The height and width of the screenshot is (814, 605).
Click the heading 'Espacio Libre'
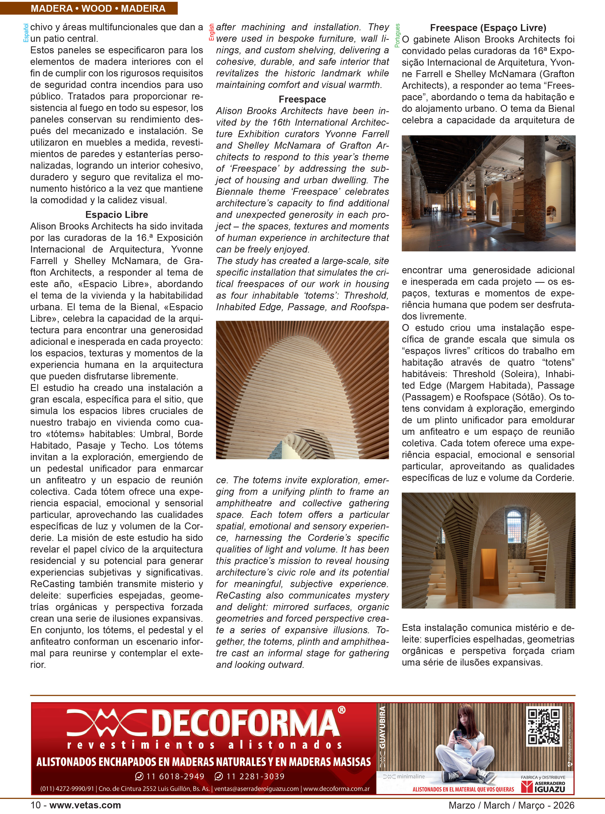pyautogui.click(x=117, y=215)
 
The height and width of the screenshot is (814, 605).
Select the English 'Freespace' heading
pyautogui.click(x=302, y=99)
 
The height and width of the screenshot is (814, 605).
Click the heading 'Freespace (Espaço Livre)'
pyautogui.click(x=488, y=28)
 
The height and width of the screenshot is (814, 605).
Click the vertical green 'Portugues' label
pyautogui.click(x=397, y=36)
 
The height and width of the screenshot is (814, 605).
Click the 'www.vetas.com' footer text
pyautogui.click(x=85, y=805)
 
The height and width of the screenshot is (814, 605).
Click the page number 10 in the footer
pyautogui.click(x=36, y=805)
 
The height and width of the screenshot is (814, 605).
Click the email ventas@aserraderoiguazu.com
pyautogui.click(x=256, y=788)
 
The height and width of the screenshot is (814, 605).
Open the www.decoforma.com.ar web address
pyautogui.click(x=336, y=788)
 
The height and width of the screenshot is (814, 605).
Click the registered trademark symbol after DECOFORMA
pyautogui.click(x=341, y=710)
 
